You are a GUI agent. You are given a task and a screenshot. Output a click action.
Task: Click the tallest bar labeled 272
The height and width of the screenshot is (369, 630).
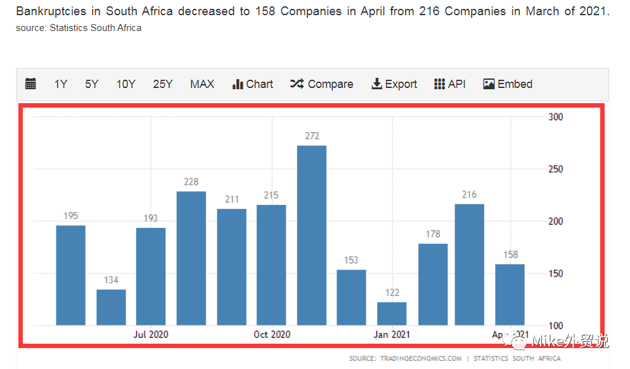tap(311, 235)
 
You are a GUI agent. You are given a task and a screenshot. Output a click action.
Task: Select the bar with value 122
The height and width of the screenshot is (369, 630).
tap(392, 313)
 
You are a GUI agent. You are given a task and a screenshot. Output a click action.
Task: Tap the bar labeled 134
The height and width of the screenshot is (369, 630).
tap(111, 307)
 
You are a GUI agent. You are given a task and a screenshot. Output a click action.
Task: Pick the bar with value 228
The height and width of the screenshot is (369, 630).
tap(191, 258)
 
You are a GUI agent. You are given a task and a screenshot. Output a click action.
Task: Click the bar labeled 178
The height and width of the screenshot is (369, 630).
tap(433, 284)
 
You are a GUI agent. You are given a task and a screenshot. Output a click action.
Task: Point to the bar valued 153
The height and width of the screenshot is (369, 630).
tap(351, 297)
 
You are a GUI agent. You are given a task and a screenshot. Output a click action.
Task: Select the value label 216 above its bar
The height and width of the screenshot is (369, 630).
tap(469, 194)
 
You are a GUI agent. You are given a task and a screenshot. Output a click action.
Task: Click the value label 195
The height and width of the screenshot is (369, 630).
tap(70, 216)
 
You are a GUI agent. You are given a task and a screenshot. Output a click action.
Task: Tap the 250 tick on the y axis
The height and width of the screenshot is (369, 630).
tap(555, 170)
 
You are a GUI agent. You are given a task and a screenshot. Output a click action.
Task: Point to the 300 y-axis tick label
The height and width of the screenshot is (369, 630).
tap(555, 117)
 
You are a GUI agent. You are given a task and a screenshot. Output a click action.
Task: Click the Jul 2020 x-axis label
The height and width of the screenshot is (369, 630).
tap(151, 334)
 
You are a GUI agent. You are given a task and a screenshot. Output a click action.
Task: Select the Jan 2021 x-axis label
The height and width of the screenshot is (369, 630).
tap(392, 334)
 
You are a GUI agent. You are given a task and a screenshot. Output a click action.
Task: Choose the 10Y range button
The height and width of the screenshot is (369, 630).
tap(125, 84)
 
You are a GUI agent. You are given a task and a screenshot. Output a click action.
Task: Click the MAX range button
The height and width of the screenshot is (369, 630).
tap(202, 84)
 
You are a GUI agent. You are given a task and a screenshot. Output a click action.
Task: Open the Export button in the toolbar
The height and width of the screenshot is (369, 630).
tap(394, 84)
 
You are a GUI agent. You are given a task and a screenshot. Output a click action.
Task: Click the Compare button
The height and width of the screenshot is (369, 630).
tap(322, 84)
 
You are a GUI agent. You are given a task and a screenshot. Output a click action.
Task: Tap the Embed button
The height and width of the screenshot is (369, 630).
tap(508, 84)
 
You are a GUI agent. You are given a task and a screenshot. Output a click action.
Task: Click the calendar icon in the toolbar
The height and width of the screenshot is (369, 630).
tap(30, 84)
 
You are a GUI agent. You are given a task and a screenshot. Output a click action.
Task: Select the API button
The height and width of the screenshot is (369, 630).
tap(450, 84)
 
